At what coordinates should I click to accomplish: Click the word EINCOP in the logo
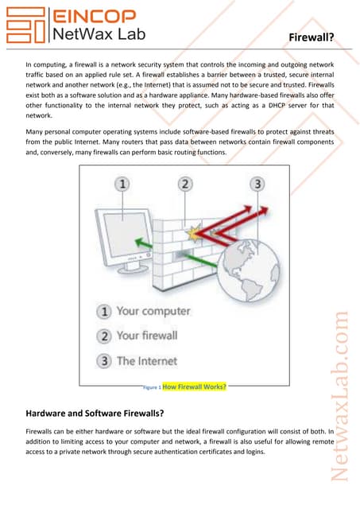click(x=93, y=15)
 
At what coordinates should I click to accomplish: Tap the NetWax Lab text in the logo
click(x=95, y=33)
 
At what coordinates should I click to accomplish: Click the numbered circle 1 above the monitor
click(x=123, y=185)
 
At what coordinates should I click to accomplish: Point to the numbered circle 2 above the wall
click(x=184, y=185)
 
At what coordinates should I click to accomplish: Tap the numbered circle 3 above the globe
click(x=257, y=185)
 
